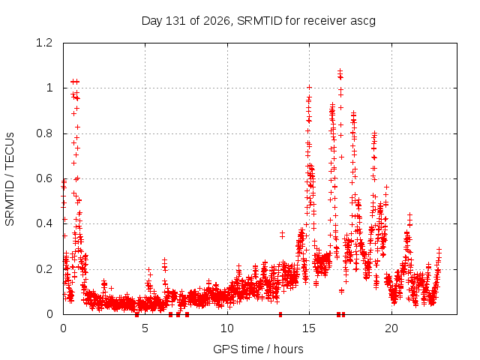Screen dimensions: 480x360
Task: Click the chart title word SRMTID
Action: pyautogui.click(x=259, y=21)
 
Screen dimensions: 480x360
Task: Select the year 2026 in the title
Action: pyautogui.click(x=217, y=21)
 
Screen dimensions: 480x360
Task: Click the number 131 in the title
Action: pyautogui.click(x=175, y=21)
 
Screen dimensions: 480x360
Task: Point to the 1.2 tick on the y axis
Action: pyautogui.click(x=44, y=43)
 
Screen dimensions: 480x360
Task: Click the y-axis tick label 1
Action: pyautogui.click(x=49, y=88)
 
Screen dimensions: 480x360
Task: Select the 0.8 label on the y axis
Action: pyautogui.click(x=44, y=133)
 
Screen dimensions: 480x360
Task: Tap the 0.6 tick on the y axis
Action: pyautogui.click(x=44, y=178)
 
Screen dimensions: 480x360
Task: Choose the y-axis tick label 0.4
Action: pyautogui.click(x=44, y=223)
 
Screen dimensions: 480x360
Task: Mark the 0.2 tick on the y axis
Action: pyautogui.click(x=44, y=269)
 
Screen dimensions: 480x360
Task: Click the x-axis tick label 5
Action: pyautogui.click(x=145, y=328)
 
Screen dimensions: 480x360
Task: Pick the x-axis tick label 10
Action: pyautogui.click(x=227, y=328)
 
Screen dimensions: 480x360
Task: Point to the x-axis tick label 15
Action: pyautogui.click(x=309, y=328)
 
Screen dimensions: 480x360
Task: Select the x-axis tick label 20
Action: pyautogui.click(x=391, y=328)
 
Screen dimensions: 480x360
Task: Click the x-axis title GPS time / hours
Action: pyautogui.click(x=258, y=349)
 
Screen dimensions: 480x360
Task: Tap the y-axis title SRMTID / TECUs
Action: pyautogui.click(x=10, y=179)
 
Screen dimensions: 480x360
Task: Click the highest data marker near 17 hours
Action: pyautogui.click(x=340, y=71)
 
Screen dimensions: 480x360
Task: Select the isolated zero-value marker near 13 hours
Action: pyautogui.click(x=280, y=314)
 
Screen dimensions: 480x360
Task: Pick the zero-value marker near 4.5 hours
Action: pyautogui.click(x=136, y=315)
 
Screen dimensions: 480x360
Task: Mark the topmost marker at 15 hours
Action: pyautogui.click(x=309, y=88)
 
